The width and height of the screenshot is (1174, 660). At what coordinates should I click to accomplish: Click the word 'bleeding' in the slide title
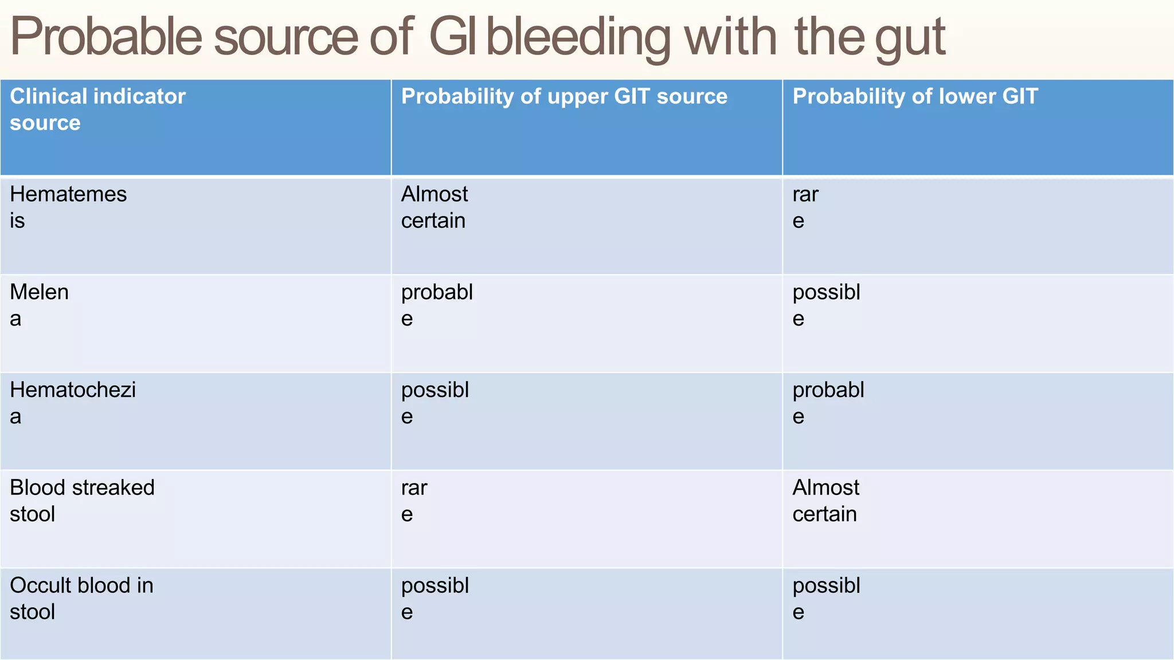[578, 38]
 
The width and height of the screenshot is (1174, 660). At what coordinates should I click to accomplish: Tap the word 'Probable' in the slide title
[106, 38]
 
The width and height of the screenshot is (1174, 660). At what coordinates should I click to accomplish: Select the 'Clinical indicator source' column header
[98, 109]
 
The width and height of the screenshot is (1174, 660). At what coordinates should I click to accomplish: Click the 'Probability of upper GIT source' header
[564, 96]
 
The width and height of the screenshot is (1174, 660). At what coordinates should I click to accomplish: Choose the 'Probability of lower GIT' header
[915, 96]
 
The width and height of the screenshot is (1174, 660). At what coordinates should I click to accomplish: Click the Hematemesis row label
[68, 207]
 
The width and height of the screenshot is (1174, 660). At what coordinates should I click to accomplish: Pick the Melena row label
[39, 305]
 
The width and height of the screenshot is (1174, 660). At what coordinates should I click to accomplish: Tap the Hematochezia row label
[73, 403]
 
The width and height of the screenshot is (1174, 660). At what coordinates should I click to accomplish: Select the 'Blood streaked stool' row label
[82, 501]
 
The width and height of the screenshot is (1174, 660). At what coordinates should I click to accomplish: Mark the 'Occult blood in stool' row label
[81, 598]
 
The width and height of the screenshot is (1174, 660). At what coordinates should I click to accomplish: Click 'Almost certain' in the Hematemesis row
[435, 207]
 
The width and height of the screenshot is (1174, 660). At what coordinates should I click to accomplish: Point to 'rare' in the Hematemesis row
[805, 207]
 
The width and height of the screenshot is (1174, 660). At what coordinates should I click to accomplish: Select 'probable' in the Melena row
[437, 305]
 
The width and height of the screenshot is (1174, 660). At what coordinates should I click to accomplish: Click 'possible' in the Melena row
[826, 305]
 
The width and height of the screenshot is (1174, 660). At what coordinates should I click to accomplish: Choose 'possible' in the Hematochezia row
[435, 403]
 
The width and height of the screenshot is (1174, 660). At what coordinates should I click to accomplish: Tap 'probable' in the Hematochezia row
[828, 403]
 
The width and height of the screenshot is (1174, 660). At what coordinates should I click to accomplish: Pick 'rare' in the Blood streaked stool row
[414, 501]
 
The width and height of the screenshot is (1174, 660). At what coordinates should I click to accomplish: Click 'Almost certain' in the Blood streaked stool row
[825, 501]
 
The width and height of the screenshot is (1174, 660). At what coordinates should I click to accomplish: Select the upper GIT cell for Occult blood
[435, 598]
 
